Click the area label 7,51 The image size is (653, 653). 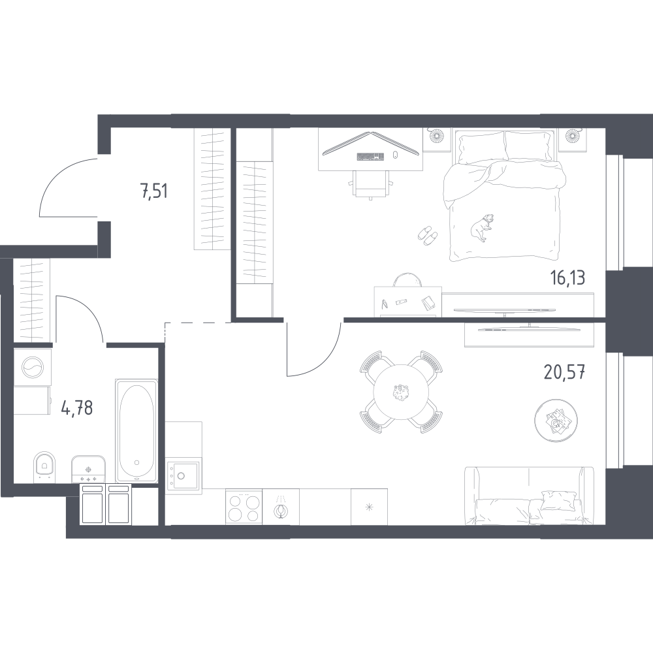(154, 192)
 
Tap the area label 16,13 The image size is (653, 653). (567, 278)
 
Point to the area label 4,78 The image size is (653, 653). (77, 409)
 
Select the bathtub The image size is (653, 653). (136, 431)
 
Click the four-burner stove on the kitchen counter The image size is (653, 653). (244, 506)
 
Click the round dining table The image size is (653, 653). (400, 392)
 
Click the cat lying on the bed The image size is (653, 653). (482, 227)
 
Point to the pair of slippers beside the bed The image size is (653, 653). (428, 235)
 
